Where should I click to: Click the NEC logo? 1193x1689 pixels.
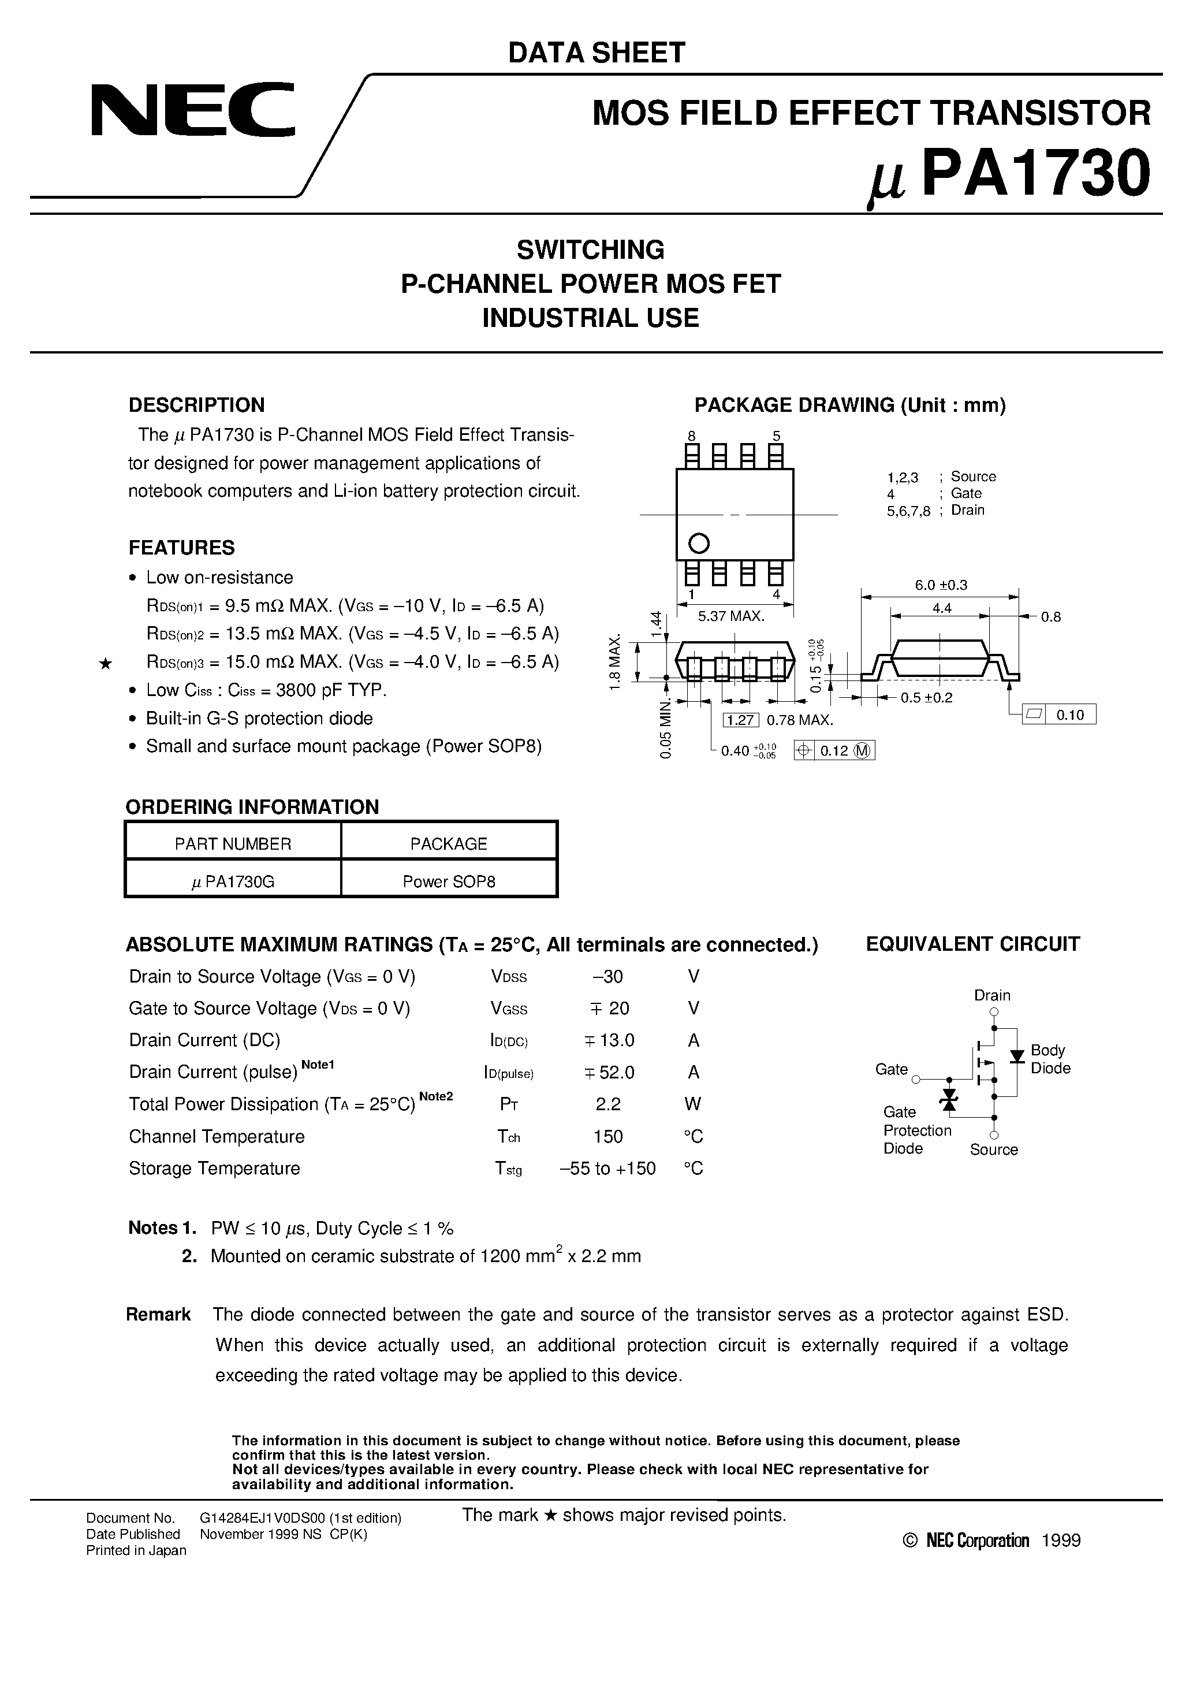(x=193, y=110)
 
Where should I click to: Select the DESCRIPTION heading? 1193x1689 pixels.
(x=196, y=405)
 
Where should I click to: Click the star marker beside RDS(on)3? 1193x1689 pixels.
(x=105, y=664)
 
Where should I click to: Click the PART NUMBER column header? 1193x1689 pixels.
(x=233, y=844)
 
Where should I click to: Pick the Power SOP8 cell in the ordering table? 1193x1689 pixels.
(x=449, y=881)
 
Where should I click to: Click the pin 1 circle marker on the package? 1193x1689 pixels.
(x=698, y=544)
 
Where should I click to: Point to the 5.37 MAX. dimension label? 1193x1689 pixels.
(x=731, y=616)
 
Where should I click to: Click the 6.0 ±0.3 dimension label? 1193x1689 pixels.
(x=941, y=585)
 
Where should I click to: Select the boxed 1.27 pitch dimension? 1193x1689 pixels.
(x=741, y=720)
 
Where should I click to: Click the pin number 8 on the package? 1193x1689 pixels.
(x=691, y=436)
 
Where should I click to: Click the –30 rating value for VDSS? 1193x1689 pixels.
(x=607, y=976)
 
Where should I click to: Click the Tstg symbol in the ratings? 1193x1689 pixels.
(x=508, y=1168)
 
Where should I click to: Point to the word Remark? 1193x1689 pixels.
(x=158, y=1315)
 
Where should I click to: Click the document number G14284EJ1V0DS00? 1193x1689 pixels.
(x=300, y=1517)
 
